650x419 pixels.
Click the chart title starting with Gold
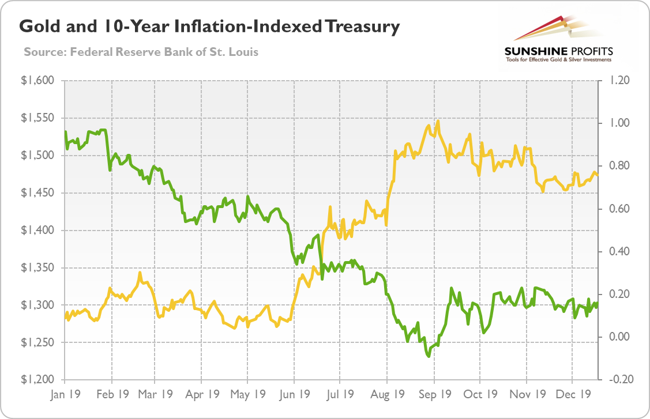[210, 27]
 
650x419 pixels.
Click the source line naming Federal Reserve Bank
[141, 52]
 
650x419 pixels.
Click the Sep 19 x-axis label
[435, 395]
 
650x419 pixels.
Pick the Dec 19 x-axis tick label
[573, 395]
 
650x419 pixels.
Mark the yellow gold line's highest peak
[438, 121]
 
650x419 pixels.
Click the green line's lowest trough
[429, 357]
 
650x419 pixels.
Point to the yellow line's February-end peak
[140, 272]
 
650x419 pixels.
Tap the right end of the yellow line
[598, 175]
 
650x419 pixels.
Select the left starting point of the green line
[65, 133]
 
